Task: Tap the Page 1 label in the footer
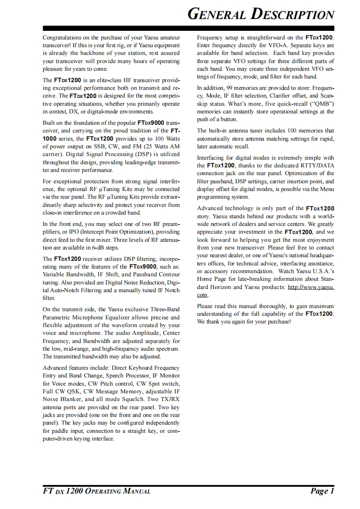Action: [322, 491]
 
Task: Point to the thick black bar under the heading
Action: [188, 28]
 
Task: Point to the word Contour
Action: [168, 274]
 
